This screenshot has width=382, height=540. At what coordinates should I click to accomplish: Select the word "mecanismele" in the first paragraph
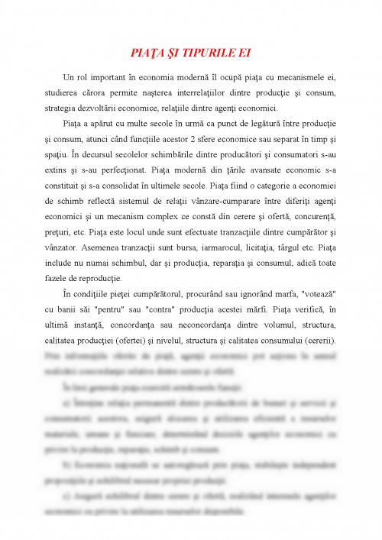(x=301, y=79)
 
